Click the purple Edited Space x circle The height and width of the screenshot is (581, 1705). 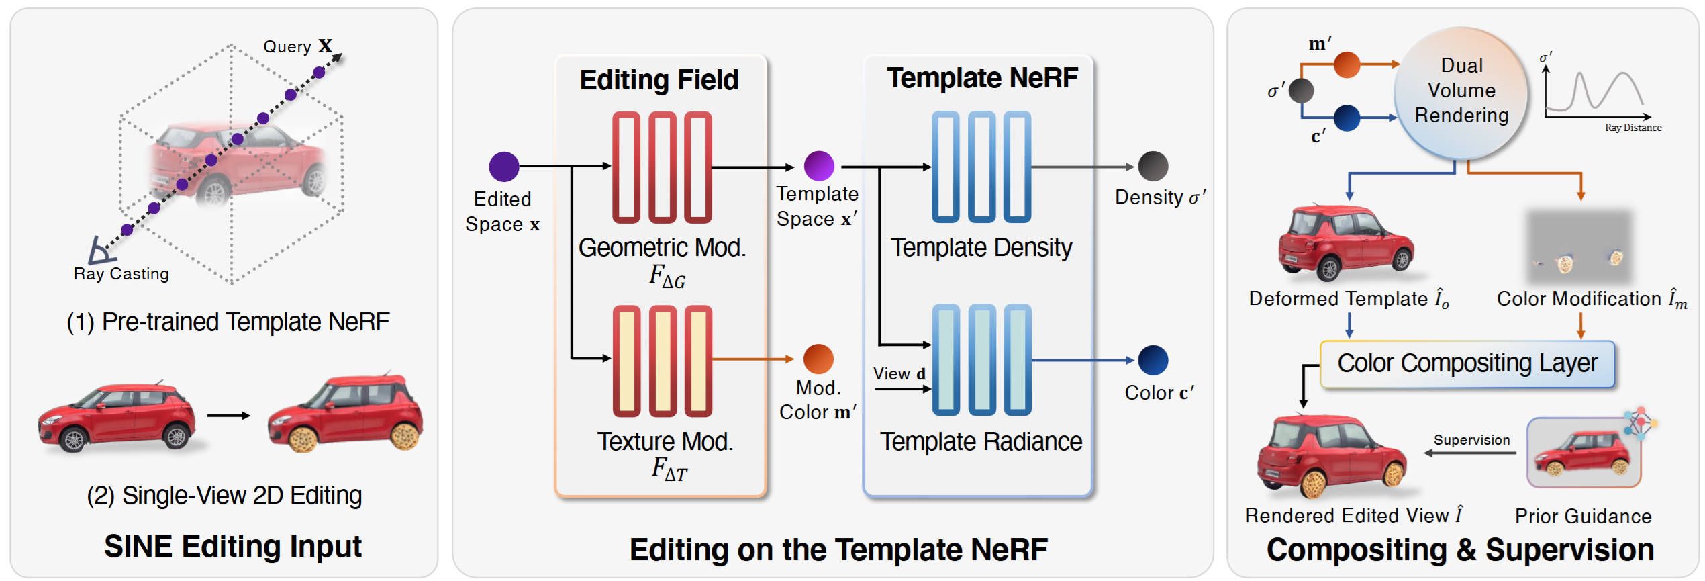504,167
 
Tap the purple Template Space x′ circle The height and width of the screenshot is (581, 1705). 819,166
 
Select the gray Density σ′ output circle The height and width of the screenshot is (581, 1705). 1153,167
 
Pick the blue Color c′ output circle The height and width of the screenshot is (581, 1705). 1153,361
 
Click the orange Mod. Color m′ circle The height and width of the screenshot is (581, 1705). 818,359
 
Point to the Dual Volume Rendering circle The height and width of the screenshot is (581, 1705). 1461,91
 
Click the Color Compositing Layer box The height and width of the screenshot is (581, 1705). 1467,363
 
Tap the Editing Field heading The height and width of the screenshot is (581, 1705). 659,80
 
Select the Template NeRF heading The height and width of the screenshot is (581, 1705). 981,78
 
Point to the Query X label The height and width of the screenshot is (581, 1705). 297,46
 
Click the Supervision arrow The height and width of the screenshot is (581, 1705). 1470,453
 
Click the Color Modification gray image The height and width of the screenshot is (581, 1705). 1579,247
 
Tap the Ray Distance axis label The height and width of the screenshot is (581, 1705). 1633,128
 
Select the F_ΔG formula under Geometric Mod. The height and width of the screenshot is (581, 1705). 667,276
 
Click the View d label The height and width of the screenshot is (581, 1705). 899,373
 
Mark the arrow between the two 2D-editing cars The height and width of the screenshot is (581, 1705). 228,416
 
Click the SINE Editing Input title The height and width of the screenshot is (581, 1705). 232,546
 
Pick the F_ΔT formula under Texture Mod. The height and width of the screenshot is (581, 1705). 669,468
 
